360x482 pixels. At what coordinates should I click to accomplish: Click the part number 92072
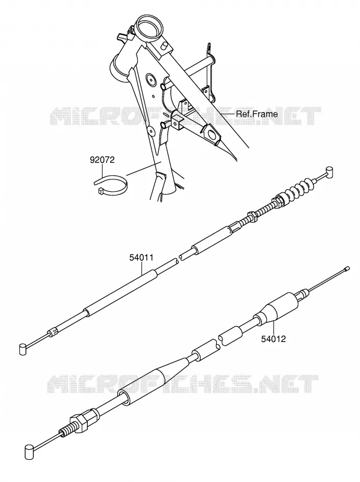pyautogui.click(x=102, y=160)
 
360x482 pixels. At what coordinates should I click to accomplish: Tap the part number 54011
pyautogui.click(x=141, y=258)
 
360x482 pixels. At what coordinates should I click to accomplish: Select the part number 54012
pyautogui.click(x=273, y=339)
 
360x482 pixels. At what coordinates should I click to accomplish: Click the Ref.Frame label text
pyautogui.click(x=257, y=114)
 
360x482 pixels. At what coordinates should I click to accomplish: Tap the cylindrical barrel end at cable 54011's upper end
pyautogui.click(x=329, y=172)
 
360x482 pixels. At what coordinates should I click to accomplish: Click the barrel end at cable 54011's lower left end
pyautogui.click(x=23, y=349)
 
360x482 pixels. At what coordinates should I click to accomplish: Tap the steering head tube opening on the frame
pyautogui.click(x=150, y=25)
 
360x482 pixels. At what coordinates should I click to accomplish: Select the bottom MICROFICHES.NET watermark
pyautogui.click(x=183, y=384)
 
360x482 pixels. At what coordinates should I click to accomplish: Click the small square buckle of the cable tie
pyautogui.click(x=100, y=192)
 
